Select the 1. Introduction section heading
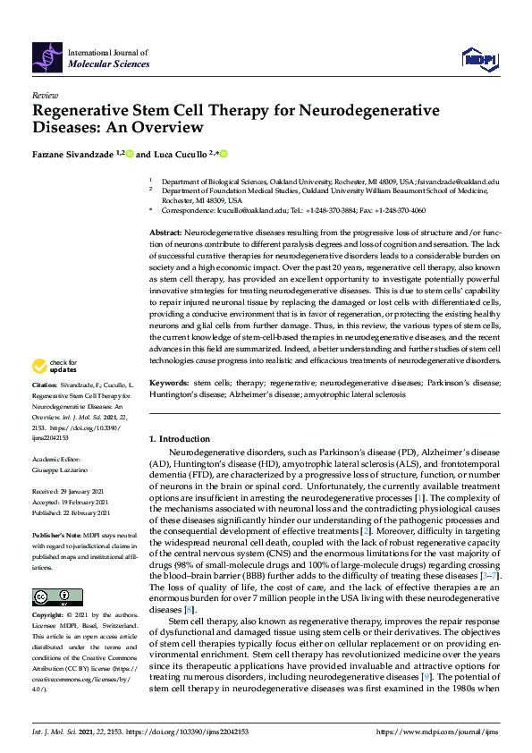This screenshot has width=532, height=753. point(180,439)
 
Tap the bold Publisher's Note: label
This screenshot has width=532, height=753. point(56,532)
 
